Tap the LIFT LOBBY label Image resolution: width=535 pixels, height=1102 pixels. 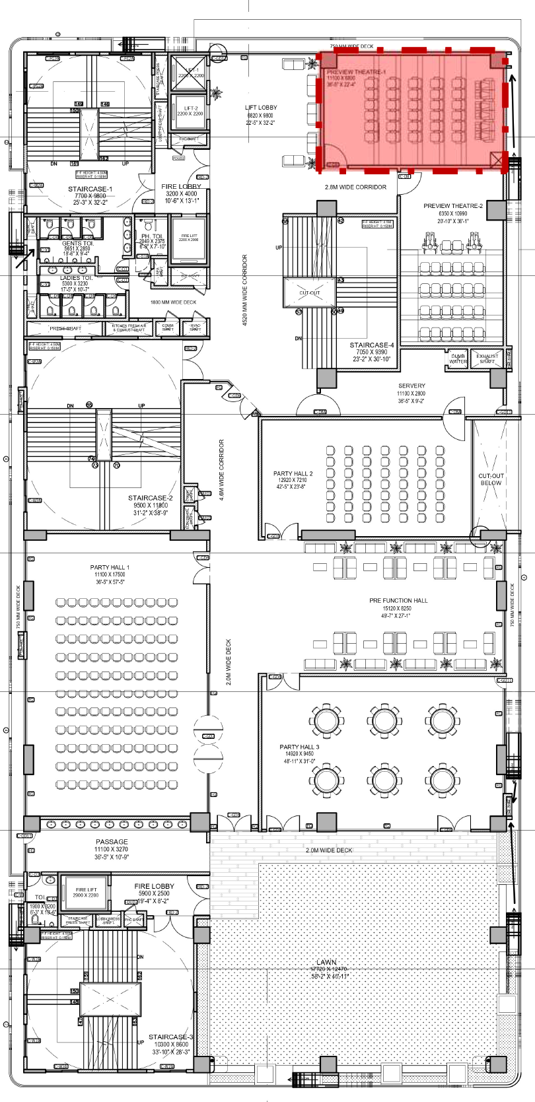point(261,108)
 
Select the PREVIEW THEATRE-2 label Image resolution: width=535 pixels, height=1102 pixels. point(453,206)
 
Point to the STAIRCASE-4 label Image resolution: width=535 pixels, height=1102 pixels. point(372,345)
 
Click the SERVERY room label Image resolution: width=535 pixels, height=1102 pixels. point(411,386)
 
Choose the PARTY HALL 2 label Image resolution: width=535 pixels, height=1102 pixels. point(293,473)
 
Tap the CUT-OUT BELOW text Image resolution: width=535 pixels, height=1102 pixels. point(490,479)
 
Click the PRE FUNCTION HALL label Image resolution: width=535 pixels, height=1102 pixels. point(398,601)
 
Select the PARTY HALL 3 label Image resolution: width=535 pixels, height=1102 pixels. point(299,747)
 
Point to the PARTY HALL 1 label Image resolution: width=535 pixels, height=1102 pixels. point(110,568)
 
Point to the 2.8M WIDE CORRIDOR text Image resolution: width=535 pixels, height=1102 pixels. point(355,187)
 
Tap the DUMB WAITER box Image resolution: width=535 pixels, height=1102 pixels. point(458,359)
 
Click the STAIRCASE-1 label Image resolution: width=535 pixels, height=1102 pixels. point(90,189)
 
